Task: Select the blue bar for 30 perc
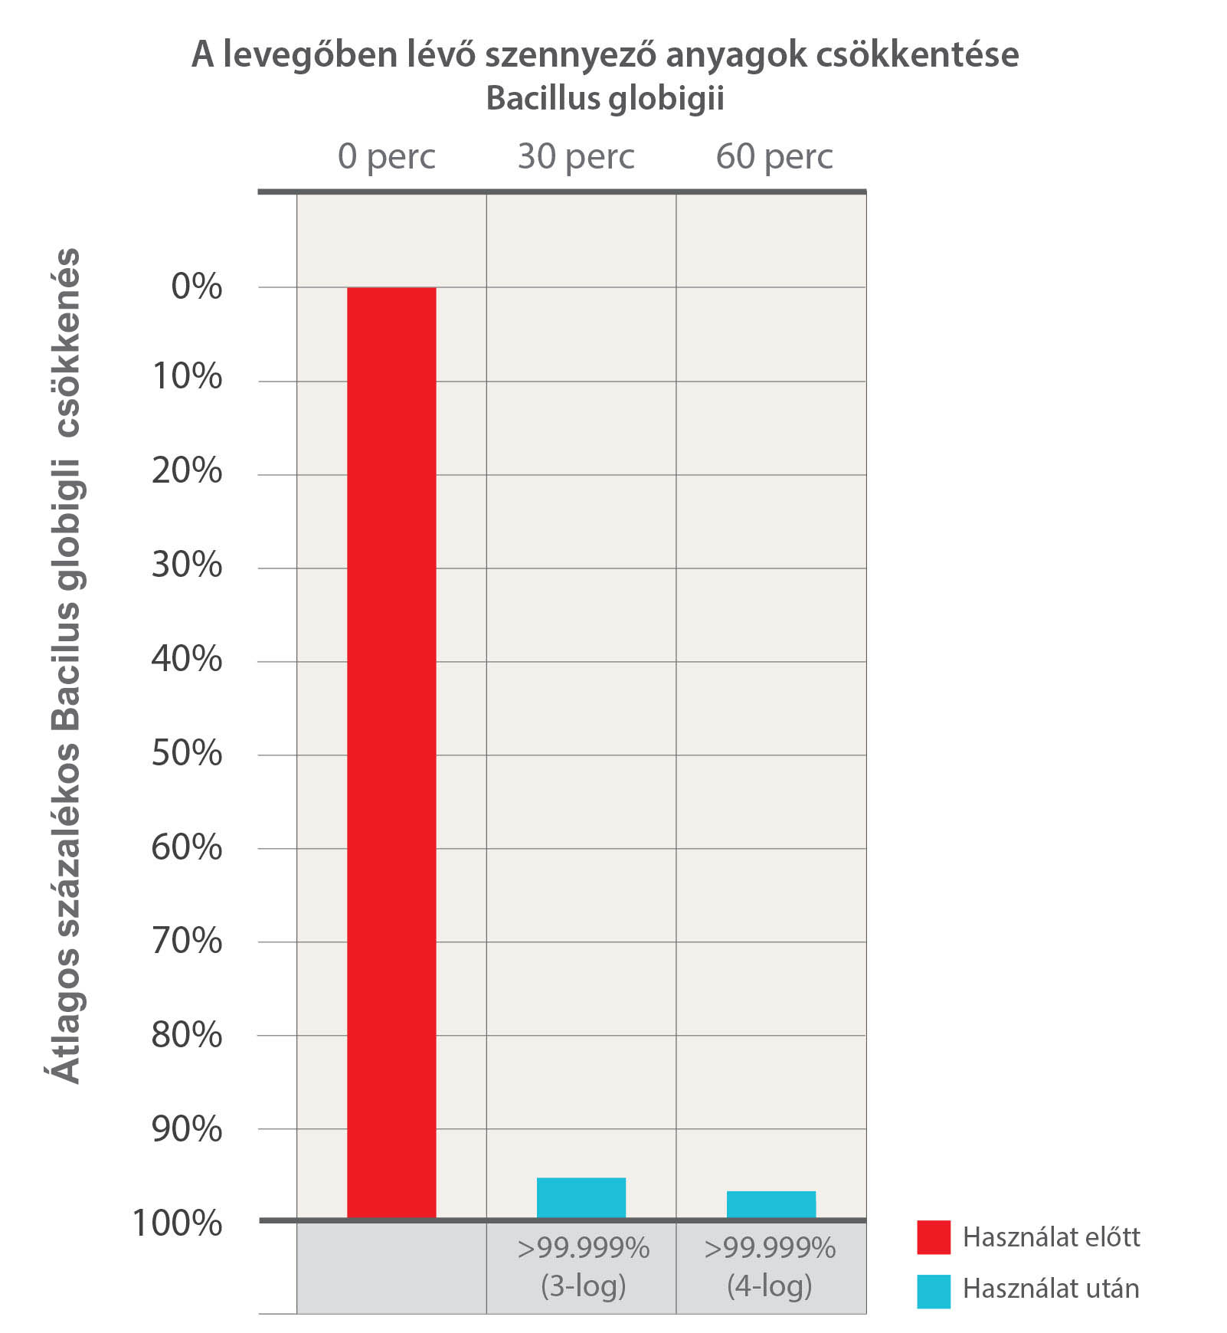[581, 1197]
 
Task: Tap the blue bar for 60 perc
[771, 1204]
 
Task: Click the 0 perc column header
[387, 157]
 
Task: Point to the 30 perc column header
[576, 157]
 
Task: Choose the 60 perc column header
[774, 157]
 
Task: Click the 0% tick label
[197, 287]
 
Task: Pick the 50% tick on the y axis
[187, 754]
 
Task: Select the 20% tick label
[187, 471]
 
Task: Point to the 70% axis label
[187, 942]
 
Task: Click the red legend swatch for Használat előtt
[934, 1237]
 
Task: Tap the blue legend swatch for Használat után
[934, 1291]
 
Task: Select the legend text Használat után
[1051, 1289]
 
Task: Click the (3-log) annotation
[584, 1286]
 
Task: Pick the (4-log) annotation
[770, 1286]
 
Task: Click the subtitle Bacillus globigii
[605, 99]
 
